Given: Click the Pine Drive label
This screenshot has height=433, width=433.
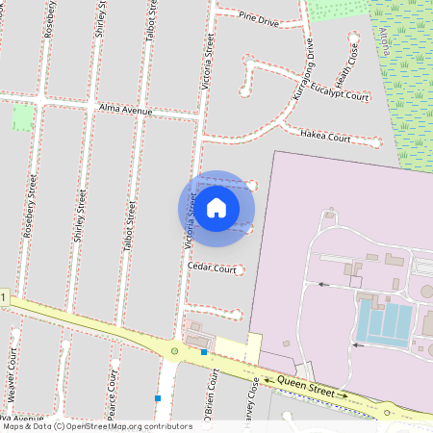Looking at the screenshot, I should click(x=258, y=18).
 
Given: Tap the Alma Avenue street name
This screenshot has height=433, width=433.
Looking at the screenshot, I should click(x=126, y=112).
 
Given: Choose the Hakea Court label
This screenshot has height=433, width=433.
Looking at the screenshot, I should click(x=325, y=138).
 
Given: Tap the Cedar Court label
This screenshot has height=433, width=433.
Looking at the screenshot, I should click(x=212, y=269).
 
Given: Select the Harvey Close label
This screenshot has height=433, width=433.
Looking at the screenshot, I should click(x=254, y=404).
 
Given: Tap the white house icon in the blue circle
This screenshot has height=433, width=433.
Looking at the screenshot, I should click(x=216, y=207).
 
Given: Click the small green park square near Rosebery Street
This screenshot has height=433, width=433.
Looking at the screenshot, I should click(x=21, y=118).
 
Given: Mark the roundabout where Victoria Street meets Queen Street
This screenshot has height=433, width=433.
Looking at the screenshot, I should click(x=174, y=351).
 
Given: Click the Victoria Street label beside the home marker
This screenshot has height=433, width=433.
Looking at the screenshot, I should click(x=191, y=222).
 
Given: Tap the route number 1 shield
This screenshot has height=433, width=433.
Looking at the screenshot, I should click(x=4, y=298).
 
